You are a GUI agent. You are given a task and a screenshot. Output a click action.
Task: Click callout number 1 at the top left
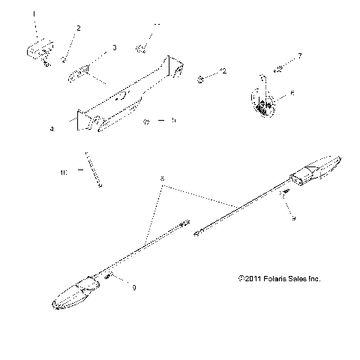[x=32, y=13]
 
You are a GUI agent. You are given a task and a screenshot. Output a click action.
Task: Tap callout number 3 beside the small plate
[x=114, y=47]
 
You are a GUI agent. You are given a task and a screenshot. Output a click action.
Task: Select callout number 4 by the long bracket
[x=52, y=129]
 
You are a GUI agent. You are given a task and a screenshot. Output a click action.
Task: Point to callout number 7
[x=300, y=55]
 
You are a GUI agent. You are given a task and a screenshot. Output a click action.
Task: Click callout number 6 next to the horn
[x=292, y=94]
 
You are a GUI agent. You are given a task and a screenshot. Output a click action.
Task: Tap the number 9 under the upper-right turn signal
[x=294, y=217]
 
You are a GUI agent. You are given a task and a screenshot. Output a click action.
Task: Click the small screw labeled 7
[x=279, y=71]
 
